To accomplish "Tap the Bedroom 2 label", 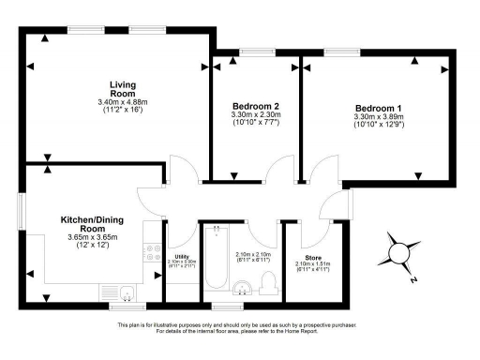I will [x=253, y=106].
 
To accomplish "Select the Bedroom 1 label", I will [x=375, y=107].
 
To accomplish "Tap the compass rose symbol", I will [x=404, y=251].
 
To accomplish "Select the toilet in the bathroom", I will [x=268, y=282].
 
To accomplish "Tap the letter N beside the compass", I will [x=413, y=279].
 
